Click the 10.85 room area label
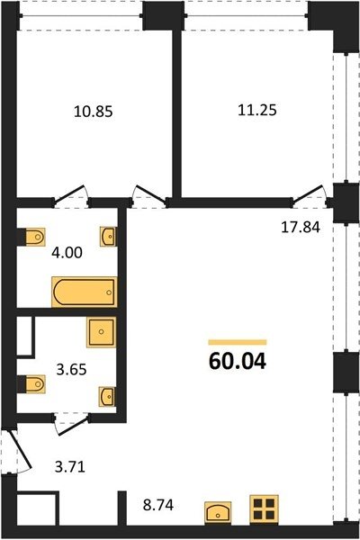click(94, 112)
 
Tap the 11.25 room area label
click(257, 110)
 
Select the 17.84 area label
click(301, 228)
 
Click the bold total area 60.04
click(238, 362)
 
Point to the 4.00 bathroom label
click(67, 253)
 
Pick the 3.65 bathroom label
click(71, 370)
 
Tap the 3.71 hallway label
click(70, 467)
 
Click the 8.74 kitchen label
click(158, 506)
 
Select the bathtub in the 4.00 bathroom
click(85, 292)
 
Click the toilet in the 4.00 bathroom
click(35, 237)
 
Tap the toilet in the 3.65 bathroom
click(35, 384)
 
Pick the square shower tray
click(102, 332)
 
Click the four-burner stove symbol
click(265, 509)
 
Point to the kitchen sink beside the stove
click(218, 513)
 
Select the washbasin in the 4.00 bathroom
click(108, 237)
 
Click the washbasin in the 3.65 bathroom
click(107, 397)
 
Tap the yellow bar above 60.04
click(238, 342)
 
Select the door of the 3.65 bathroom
click(71, 427)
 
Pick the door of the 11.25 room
click(309, 194)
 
